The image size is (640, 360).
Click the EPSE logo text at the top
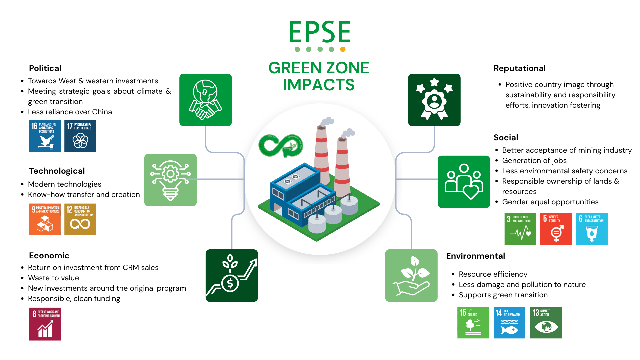click(x=320, y=32)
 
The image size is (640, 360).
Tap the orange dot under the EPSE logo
click(x=343, y=49)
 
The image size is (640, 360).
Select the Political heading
click(x=45, y=68)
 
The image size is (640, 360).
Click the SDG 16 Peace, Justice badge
click(x=45, y=136)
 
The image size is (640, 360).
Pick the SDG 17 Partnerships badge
click(x=80, y=136)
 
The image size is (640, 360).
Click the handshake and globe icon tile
click(x=205, y=100)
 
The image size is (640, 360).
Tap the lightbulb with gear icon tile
click(x=170, y=180)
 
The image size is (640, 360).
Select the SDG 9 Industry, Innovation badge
click(x=45, y=219)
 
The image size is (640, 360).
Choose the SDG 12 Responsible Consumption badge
click(x=80, y=219)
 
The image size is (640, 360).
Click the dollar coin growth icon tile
click(x=232, y=275)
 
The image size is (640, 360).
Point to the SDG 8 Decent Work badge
click(x=45, y=324)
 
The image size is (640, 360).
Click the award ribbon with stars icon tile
click(x=434, y=100)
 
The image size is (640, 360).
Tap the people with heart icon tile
click(x=464, y=182)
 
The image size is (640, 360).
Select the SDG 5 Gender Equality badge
click(x=556, y=229)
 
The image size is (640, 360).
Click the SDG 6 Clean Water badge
click(x=592, y=229)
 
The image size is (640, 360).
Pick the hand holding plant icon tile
click(x=411, y=275)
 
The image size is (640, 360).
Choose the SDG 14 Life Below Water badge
click(x=509, y=323)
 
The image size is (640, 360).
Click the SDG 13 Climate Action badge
click(x=546, y=323)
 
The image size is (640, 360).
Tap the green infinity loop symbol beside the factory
click(x=281, y=146)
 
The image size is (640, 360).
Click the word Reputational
click(x=519, y=68)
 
